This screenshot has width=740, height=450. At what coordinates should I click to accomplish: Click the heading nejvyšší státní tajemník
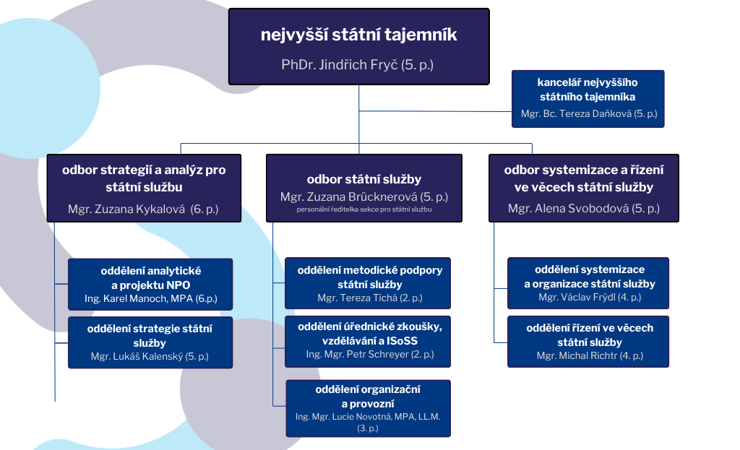(358, 35)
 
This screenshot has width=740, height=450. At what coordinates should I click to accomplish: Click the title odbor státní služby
(363, 179)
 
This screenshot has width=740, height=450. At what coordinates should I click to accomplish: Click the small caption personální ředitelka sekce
(363, 209)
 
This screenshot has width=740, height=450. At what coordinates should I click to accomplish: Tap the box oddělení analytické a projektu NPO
(150, 277)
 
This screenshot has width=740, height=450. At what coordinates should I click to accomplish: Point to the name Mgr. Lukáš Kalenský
(150, 357)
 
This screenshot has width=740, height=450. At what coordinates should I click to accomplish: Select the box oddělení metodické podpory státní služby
(369, 277)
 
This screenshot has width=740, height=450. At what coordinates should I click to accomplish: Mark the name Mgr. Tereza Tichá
(369, 298)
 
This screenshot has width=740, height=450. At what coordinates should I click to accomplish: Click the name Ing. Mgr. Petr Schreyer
(369, 354)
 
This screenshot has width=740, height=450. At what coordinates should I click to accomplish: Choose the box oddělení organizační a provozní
(369, 396)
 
